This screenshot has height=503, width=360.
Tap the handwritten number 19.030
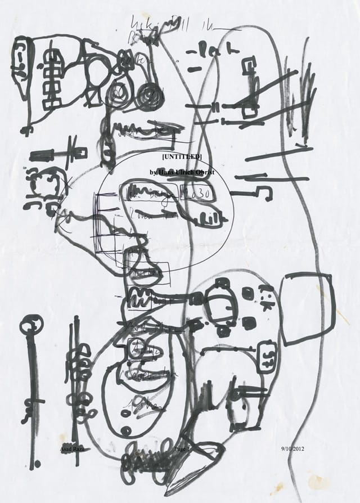[192, 193]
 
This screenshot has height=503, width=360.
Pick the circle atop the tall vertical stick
[31, 324]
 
